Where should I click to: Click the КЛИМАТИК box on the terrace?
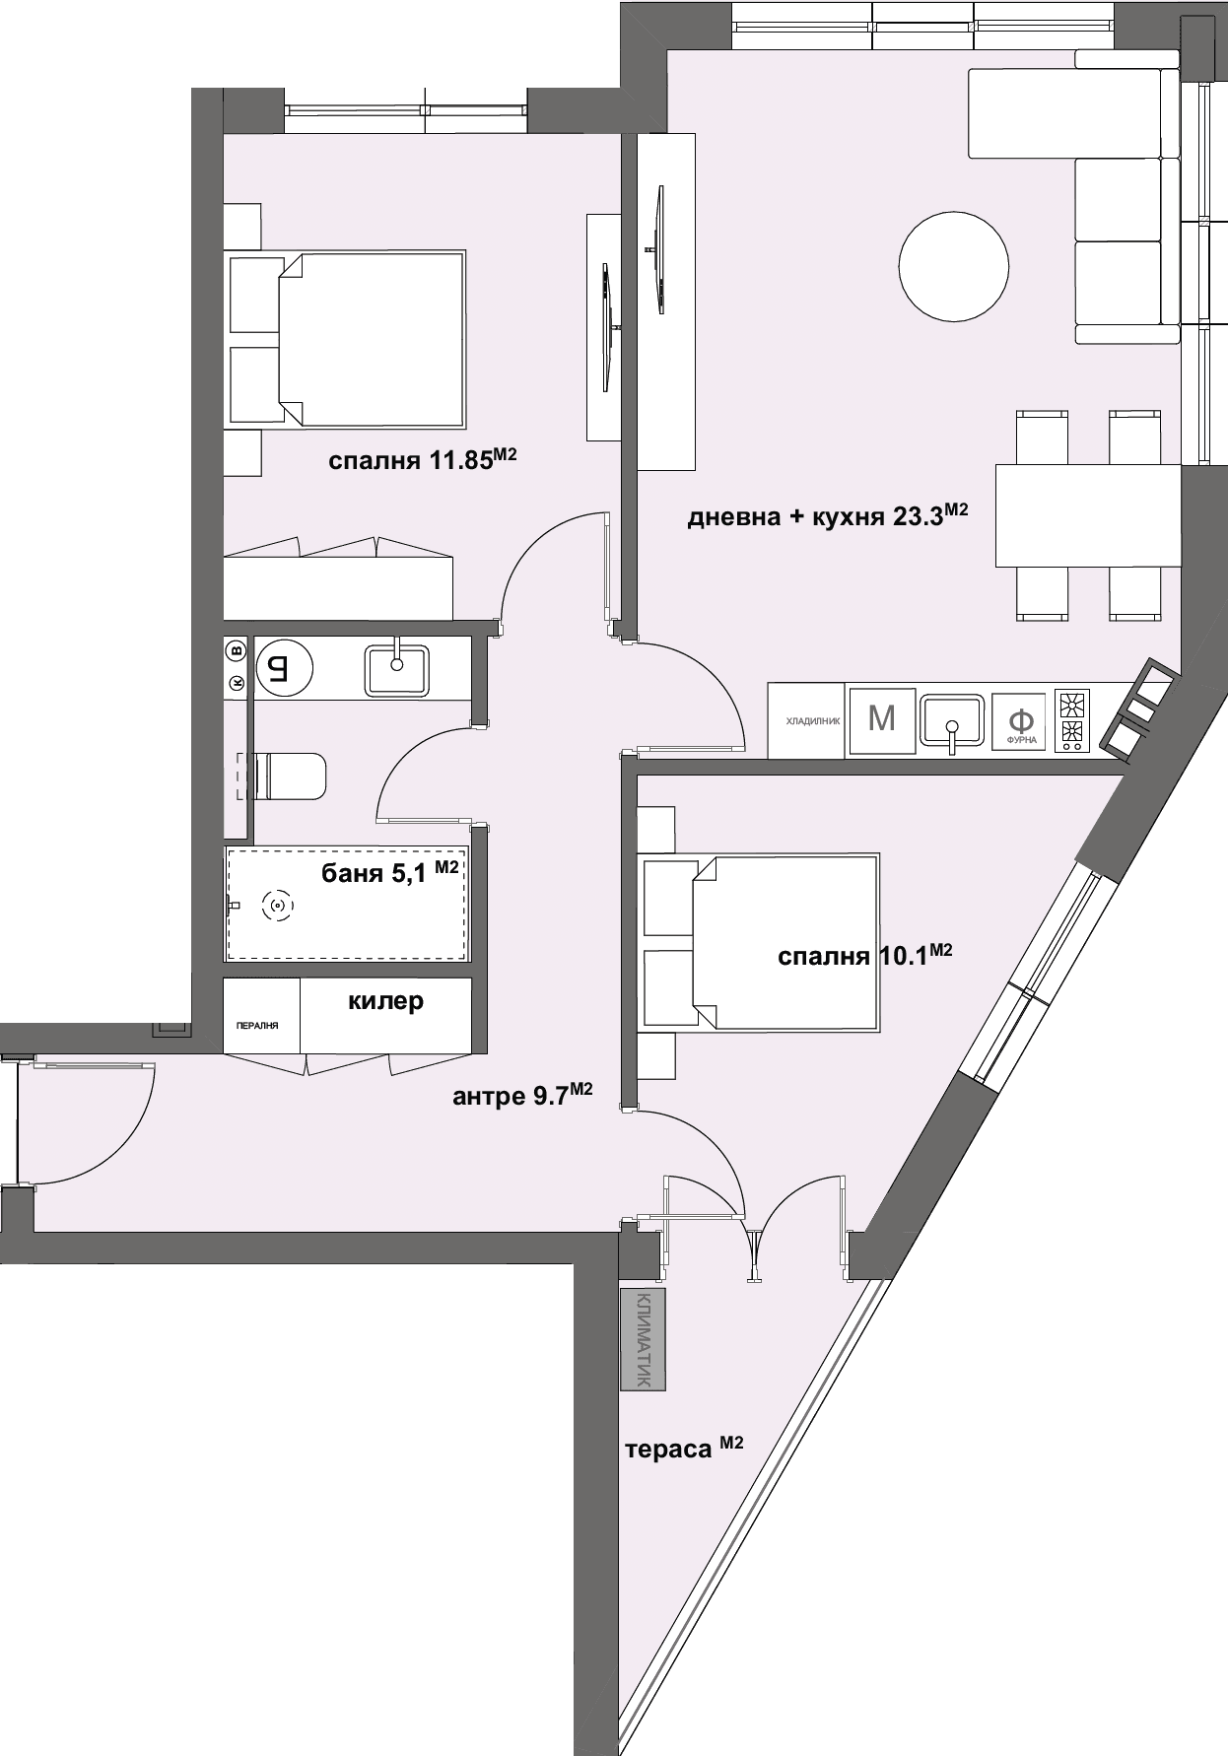[643, 1339]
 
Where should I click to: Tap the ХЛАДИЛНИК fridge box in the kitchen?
[806, 720]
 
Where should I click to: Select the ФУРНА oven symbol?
[1022, 720]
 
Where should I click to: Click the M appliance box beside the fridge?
[882, 719]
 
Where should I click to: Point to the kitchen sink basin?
[952, 720]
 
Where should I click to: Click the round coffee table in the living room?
[954, 266]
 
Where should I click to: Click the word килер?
[385, 1001]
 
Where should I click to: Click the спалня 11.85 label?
[423, 459]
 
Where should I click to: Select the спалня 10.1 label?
[864, 955]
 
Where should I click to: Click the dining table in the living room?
[1088, 515]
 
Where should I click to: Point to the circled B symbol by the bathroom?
[236, 649]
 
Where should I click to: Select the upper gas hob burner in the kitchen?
[1072, 705]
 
